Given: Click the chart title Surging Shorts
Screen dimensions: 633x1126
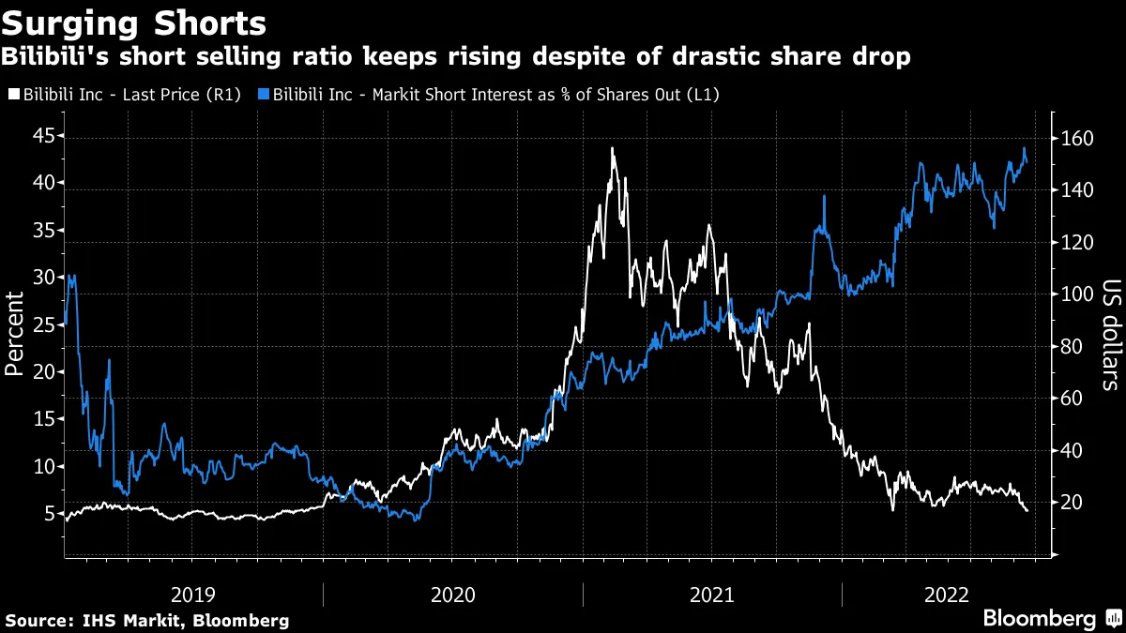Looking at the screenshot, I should tap(134, 23).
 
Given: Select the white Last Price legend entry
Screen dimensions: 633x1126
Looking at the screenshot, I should tap(128, 95).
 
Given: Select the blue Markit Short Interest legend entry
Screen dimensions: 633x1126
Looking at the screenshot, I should tap(496, 95).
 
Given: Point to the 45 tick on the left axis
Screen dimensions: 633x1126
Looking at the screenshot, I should tap(41, 136).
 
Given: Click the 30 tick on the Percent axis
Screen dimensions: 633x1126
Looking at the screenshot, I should tap(41, 278).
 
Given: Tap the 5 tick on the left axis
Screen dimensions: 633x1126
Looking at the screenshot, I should tap(47, 514).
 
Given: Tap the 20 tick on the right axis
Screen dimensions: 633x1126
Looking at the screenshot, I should tap(1076, 503).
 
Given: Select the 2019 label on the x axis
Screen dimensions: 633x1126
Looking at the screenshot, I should tap(193, 595).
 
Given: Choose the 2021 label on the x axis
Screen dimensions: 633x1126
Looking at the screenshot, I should tap(712, 595).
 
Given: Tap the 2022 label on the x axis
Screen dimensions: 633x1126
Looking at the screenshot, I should tap(947, 595).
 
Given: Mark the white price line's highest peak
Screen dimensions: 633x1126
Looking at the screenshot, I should tap(612, 148).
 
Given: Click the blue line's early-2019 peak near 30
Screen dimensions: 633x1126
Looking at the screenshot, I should tap(72, 276).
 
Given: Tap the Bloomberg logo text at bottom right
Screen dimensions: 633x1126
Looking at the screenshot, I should tap(1039, 619).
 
